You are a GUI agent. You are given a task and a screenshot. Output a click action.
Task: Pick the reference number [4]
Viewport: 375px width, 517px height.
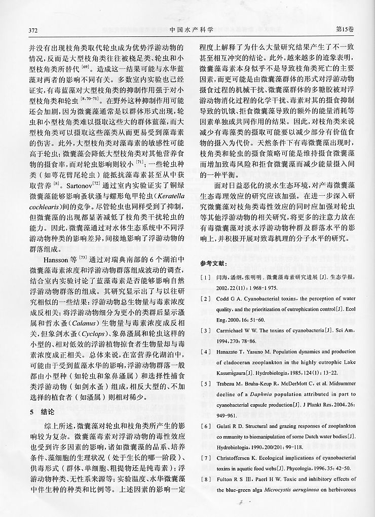tap(204, 351)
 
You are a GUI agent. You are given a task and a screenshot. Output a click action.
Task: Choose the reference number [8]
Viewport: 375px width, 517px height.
tap(204, 479)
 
